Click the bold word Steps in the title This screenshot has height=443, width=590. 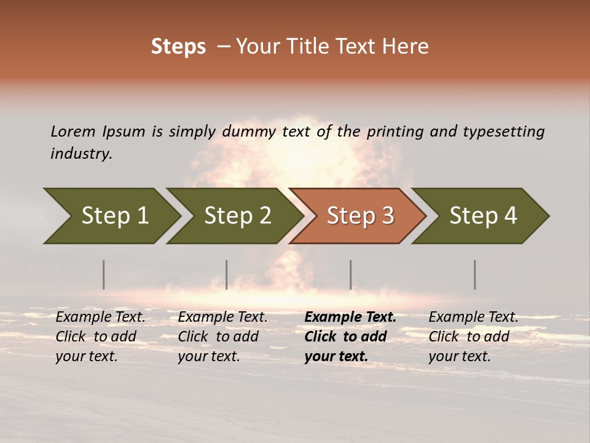click(x=178, y=47)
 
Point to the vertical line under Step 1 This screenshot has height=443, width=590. click(x=104, y=274)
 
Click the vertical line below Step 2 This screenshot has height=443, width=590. click(x=227, y=274)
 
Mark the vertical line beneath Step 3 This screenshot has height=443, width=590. click(x=351, y=274)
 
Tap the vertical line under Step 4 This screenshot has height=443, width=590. click(x=475, y=274)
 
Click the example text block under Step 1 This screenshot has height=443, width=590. click(x=100, y=337)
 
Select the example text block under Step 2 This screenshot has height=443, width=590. click(x=222, y=337)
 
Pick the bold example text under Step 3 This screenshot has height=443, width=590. click(x=350, y=337)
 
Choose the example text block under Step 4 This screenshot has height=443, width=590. click(x=473, y=337)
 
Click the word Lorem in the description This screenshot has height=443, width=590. click(x=73, y=132)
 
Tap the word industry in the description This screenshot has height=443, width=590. click(x=81, y=154)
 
